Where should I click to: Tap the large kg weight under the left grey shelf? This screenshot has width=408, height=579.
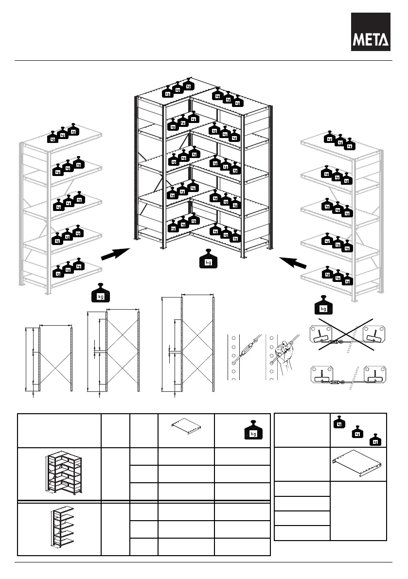pyautogui.click(x=101, y=293)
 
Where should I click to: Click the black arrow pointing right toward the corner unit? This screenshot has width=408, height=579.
pyautogui.click(x=115, y=253)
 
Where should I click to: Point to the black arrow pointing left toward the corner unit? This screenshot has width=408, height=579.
pyautogui.click(x=294, y=262)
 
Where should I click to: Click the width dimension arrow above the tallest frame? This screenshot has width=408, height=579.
pyautogui.click(x=197, y=294)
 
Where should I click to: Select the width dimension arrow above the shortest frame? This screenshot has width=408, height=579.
pyautogui.click(x=56, y=325)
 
